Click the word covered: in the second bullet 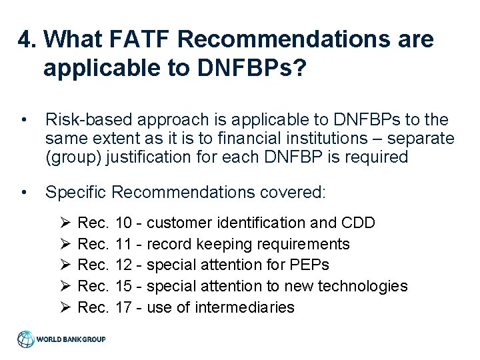click(x=291, y=193)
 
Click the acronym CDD click(x=357, y=222)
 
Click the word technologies click(x=366, y=286)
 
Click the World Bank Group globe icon click(x=26, y=338)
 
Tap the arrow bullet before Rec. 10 click(x=64, y=222)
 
